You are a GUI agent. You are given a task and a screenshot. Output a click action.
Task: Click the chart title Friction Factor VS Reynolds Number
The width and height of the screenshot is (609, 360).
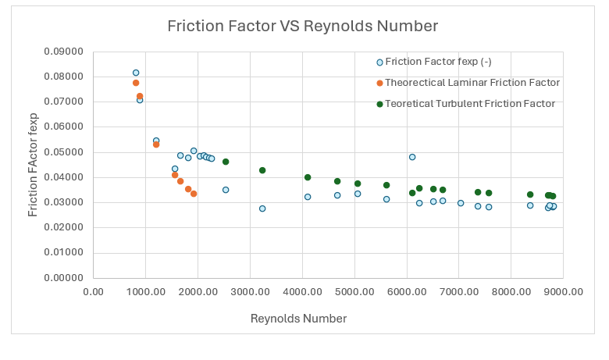303,26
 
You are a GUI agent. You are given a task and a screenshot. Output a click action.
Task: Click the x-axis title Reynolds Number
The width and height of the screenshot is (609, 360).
298,319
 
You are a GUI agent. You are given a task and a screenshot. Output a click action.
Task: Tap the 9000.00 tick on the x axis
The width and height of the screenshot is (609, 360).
564,292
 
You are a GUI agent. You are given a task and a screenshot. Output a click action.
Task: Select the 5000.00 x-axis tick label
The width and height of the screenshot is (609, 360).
354,292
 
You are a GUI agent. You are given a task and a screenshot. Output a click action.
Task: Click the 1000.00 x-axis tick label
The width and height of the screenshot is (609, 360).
145,292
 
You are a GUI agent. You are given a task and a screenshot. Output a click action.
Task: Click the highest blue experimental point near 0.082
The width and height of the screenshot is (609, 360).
136,73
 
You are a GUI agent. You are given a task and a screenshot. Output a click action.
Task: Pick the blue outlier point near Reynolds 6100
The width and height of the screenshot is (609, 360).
412,157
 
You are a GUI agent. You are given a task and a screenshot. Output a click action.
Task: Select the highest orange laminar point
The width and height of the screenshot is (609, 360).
136,83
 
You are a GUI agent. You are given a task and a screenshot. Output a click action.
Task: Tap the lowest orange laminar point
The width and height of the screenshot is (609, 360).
194,194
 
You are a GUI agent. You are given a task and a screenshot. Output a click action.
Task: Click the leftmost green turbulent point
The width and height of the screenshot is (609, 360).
226,162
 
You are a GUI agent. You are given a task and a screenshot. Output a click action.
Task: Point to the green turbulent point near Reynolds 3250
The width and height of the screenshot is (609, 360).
262,170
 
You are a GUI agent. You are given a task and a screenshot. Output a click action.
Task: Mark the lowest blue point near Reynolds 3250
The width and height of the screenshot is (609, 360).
262,209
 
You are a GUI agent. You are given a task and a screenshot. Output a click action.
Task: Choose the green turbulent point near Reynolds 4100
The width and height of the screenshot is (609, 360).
308,177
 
